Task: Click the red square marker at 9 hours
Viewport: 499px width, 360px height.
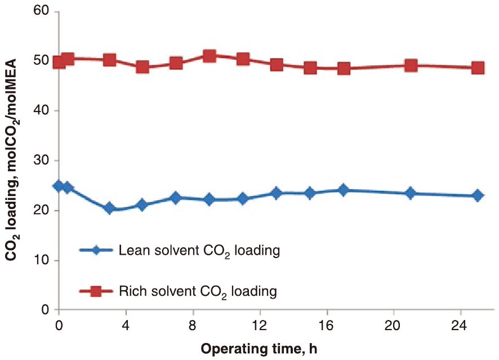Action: point(210,56)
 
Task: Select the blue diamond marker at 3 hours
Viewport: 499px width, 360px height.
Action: point(109,208)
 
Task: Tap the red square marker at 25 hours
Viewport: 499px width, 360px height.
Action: point(478,68)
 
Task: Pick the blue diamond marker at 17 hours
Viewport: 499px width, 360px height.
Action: point(344,190)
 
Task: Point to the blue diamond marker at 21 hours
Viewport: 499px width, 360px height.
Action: point(411,193)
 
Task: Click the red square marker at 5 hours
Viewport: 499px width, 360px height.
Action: point(142,67)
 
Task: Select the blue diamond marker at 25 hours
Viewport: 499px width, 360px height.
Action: point(478,195)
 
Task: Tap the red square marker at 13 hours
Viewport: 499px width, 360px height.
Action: point(277,64)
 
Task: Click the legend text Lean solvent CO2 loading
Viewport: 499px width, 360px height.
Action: point(199,251)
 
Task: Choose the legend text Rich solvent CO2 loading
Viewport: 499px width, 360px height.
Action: point(198,291)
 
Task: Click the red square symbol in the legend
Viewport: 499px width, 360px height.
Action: point(96,291)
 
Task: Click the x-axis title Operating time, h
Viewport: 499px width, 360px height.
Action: point(259,348)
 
